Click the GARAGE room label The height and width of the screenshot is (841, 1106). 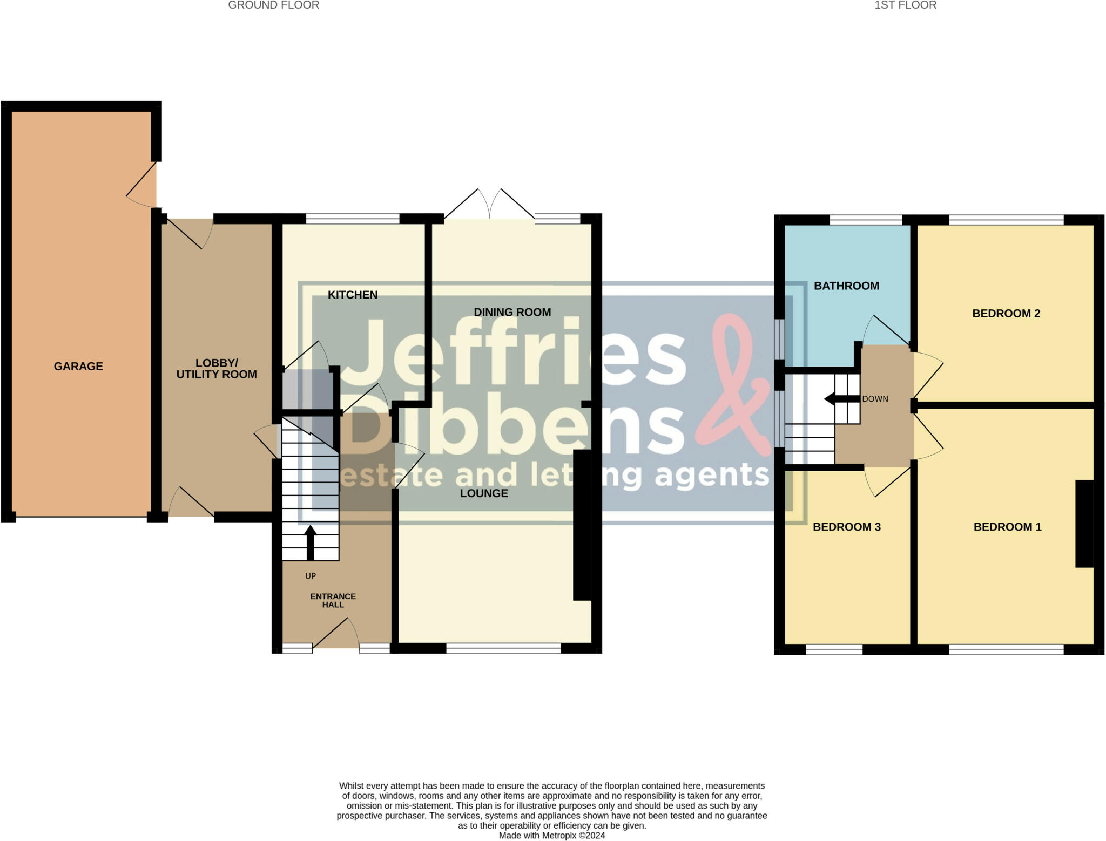78,366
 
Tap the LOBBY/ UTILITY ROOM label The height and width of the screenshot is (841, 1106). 217,369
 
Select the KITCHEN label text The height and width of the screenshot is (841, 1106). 353,295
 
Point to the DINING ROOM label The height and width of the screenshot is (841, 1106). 512,312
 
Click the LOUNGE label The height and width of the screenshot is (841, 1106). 484,493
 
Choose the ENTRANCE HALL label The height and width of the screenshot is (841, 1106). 333,600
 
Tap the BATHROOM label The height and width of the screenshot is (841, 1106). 846,286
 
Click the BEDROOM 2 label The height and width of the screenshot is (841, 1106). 1006,314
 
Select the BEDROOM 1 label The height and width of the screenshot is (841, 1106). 1007,527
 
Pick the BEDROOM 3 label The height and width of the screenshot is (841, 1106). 847,527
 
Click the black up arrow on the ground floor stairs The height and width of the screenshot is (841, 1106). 310,542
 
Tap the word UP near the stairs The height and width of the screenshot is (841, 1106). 311,576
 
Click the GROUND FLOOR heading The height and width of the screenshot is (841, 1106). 273,5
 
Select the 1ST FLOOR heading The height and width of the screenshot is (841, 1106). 905,5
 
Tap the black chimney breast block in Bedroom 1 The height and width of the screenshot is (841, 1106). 1084,524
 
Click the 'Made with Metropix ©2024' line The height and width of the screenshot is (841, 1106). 552,836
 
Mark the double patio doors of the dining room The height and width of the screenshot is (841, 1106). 489,205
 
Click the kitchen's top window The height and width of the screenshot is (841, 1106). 353,219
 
